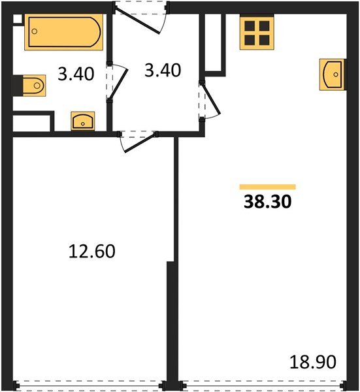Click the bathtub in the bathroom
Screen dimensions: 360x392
tap(64, 32)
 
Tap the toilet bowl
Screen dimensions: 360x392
tap(34, 86)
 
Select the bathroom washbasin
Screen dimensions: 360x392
tap(83, 121)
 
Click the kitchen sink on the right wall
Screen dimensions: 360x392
tap(332, 74)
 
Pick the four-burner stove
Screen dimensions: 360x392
tap(257, 33)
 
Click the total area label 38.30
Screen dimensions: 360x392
tap(267, 202)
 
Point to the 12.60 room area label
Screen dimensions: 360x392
tap(91, 252)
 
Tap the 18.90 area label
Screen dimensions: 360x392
tap(313, 362)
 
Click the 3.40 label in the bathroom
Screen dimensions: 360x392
tap(76, 74)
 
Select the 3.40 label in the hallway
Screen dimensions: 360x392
tap(163, 71)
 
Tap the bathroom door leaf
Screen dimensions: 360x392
tap(119, 84)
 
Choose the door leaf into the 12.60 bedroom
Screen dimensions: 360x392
tap(140, 142)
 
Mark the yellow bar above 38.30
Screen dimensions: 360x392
tap(267, 187)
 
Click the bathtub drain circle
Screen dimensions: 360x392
tap(35, 31)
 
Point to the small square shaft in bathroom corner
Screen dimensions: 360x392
tap(17, 19)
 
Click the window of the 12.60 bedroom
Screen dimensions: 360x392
tap(90, 386)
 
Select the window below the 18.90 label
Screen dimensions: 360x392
tap(263, 386)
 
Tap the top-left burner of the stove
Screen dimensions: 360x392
tap(250, 25)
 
